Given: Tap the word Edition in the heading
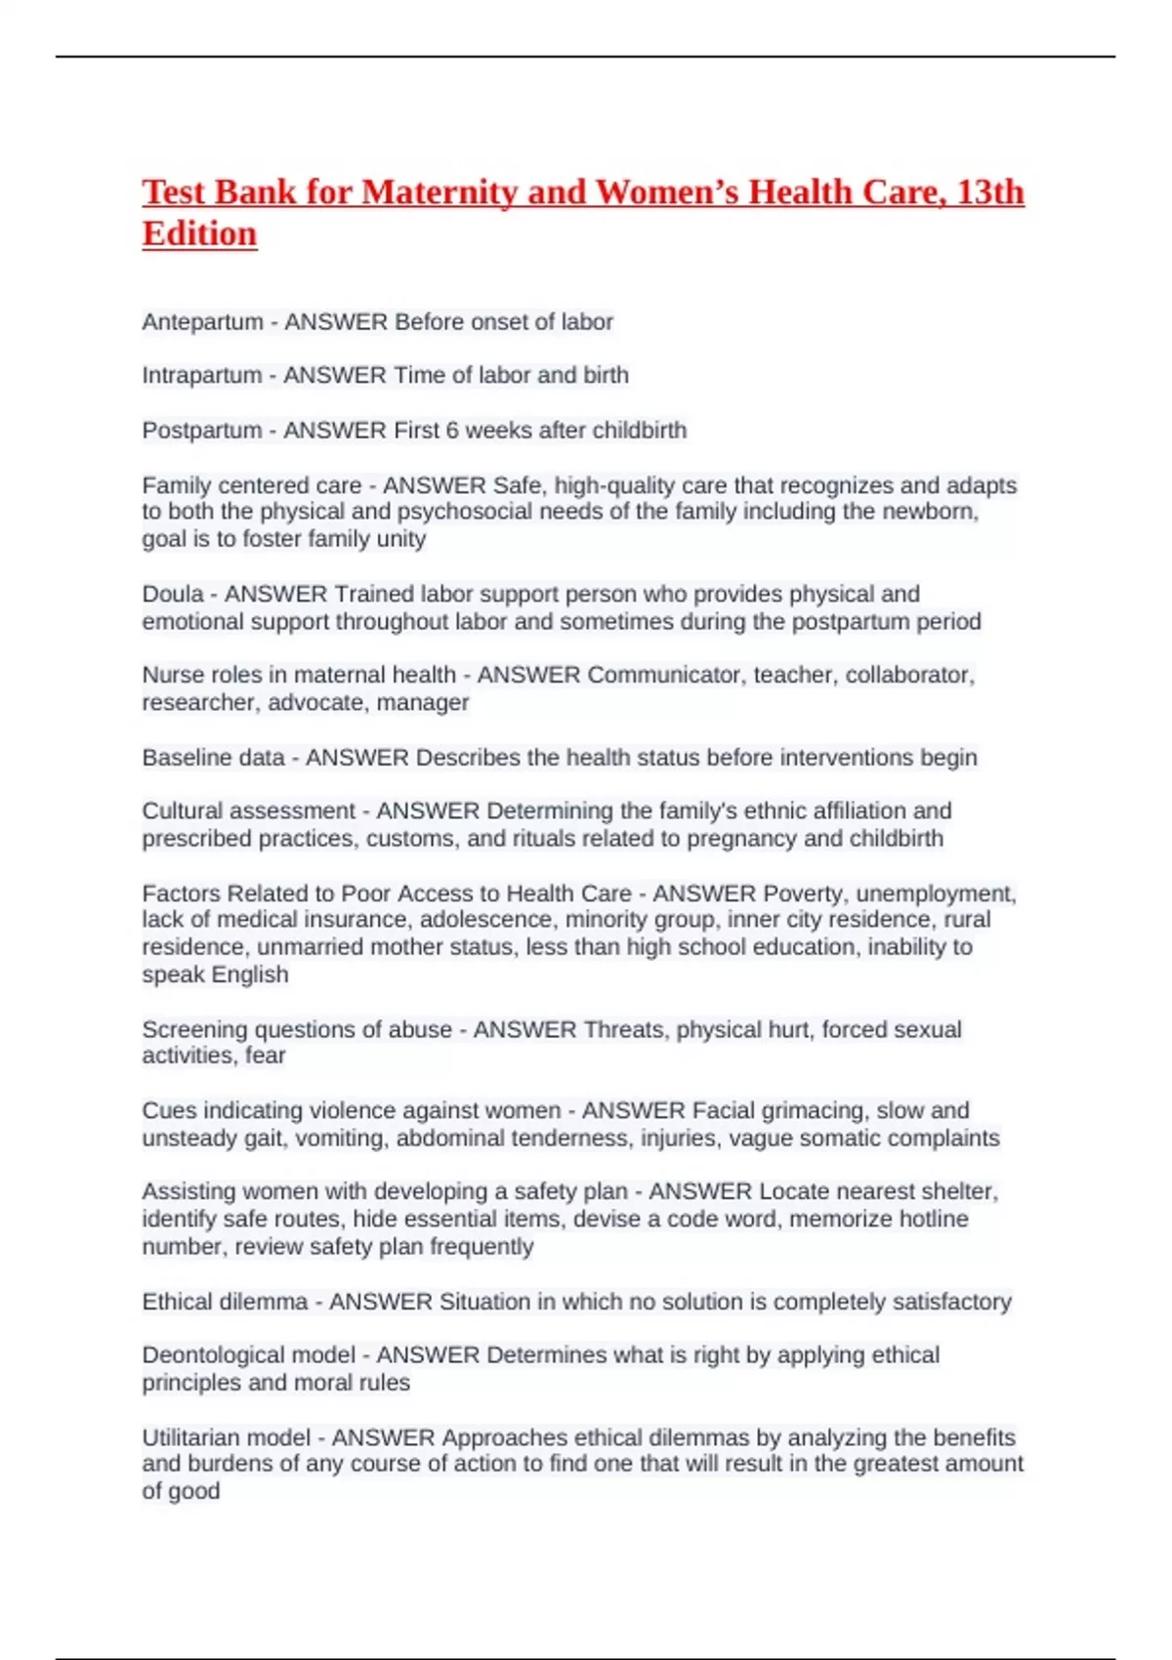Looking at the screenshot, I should tap(199, 233).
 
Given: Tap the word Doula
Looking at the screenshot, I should tap(173, 594).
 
